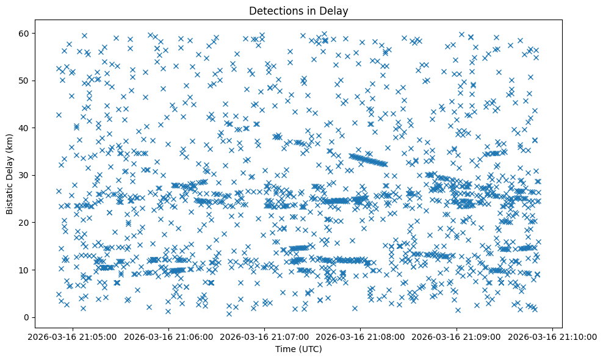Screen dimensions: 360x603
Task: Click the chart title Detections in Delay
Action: (299, 10)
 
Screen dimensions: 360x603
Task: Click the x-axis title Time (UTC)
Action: (299, 350)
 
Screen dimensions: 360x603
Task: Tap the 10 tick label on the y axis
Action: (26, 270)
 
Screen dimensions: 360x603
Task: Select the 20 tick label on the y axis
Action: (26, 223)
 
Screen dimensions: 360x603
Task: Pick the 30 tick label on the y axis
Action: (26, 175)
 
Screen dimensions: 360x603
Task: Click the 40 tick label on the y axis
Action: (26, 128)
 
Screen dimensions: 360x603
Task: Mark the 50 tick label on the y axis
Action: (26, 81)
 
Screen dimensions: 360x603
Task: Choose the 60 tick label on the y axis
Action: (26, 33)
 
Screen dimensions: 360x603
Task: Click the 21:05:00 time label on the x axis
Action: (73, 337)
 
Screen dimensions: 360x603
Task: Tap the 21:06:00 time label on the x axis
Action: (168, 337)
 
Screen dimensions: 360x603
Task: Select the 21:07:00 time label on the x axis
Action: (264, 337)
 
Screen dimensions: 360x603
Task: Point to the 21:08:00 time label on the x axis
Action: (360, 337)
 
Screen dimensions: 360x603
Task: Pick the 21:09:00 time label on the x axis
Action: (456, 337)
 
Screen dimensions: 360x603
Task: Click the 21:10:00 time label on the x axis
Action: (552, 337)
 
